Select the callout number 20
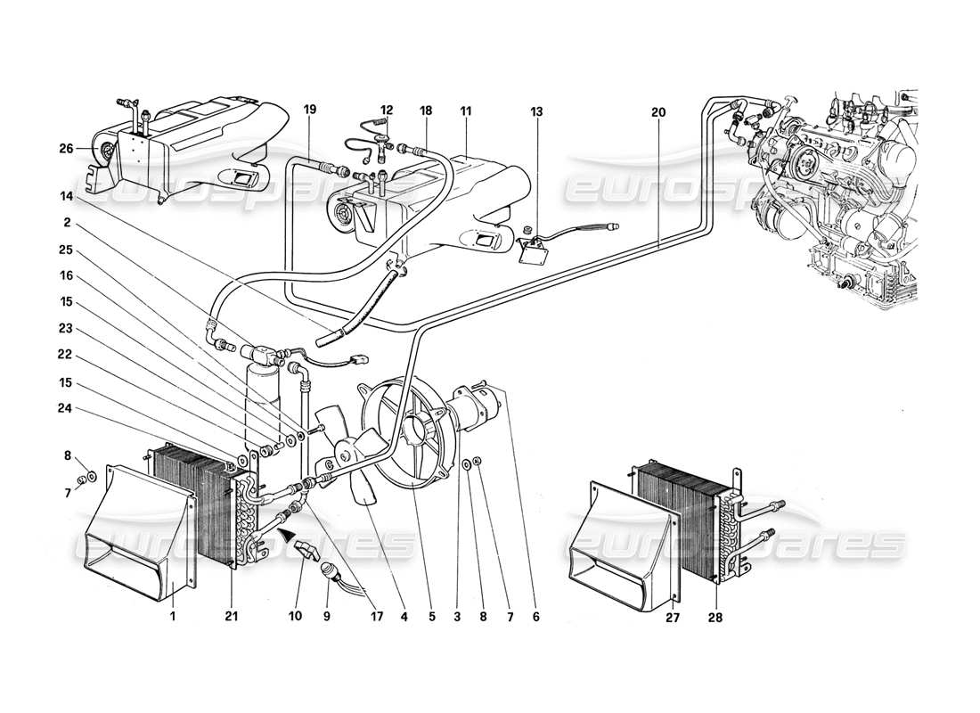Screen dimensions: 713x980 (x=658, y=112)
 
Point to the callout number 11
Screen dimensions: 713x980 (x=466, y=112)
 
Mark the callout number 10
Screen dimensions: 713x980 (x=296, y=616)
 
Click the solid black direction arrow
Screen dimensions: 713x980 (x=287, y=535)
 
